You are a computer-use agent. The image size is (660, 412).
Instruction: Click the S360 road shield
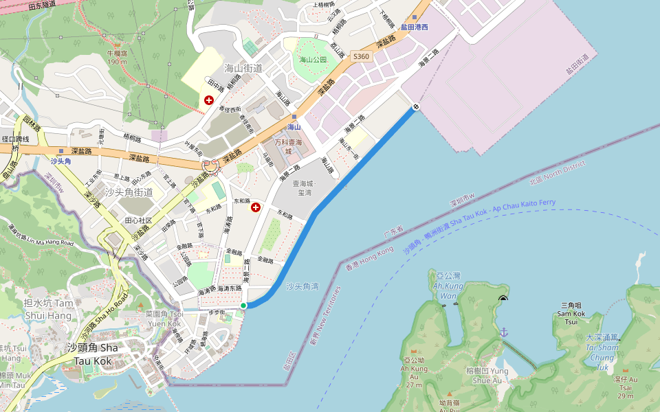coord(361,56)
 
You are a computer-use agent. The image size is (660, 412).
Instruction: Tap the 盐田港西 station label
coord(415,27)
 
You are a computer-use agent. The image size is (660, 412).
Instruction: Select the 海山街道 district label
coord(244,67)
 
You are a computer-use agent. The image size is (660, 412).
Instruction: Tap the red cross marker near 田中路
coord(209,100)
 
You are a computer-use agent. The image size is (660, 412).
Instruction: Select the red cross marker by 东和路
coord(256,207)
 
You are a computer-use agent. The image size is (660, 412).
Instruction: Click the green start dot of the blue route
coord(243,306)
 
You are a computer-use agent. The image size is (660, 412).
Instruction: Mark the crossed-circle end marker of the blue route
coord(416,106)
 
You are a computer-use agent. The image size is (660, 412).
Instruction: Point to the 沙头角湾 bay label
coord(302,286)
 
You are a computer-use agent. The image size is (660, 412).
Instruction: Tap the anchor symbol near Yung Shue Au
coord(503,332)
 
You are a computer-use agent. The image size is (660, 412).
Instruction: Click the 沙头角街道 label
coord(129,192)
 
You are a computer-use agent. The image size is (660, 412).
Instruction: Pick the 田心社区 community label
coord(138,220)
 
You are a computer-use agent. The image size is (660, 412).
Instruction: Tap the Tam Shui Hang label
coord(48,309)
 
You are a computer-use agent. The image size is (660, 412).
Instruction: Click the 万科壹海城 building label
coord(289,146)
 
